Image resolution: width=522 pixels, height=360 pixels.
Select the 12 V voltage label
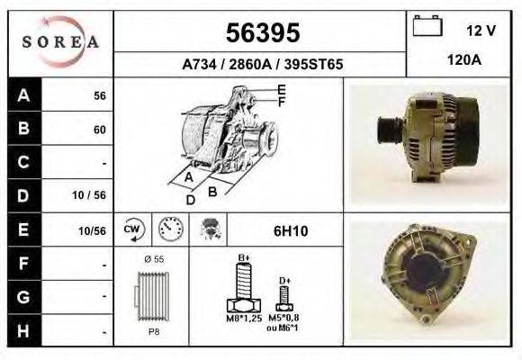coord(481,30)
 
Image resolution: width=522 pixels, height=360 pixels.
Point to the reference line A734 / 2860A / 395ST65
coord(261,65)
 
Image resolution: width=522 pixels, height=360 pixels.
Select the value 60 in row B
coord(99,130)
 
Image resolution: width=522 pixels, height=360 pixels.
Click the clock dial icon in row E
coord(170,229)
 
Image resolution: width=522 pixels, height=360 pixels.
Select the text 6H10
coord(291,231)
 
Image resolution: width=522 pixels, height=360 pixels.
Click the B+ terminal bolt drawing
coord(243,288)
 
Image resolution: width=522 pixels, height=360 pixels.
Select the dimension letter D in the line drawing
coord(190,200)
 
